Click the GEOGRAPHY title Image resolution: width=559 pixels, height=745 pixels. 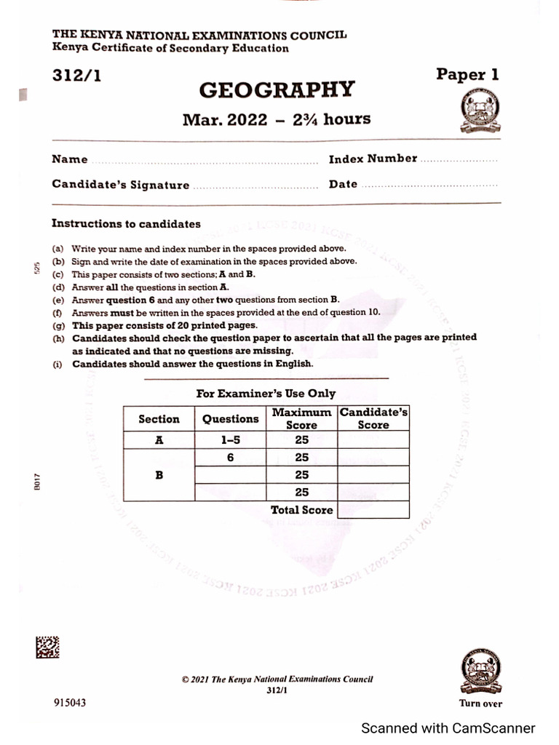[277, 90]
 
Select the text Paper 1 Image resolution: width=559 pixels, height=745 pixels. [467, 74]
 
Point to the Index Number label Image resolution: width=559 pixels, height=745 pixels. [373, 159]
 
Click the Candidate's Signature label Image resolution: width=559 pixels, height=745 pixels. [120, 185]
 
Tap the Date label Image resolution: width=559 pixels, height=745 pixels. [343, 184]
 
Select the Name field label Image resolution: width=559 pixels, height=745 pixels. [69, 159]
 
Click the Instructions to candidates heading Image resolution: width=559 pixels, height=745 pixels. [126, 224]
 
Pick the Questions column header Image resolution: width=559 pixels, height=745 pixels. [230, 419]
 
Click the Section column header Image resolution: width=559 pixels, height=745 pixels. [159, 419]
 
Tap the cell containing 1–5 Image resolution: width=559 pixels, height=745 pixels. [230, 439]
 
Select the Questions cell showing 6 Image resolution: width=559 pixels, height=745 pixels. [230, 458]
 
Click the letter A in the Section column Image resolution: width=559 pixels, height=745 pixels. [159, 439]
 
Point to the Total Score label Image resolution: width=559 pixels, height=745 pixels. [301, 510]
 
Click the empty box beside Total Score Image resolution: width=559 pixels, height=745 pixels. [373, 510]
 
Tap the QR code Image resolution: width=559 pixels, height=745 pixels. [47, 648]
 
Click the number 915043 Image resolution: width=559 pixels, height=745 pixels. [70, 703]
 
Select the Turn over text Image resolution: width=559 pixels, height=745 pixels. [480, 704]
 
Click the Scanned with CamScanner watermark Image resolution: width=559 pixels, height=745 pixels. [448, 728]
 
